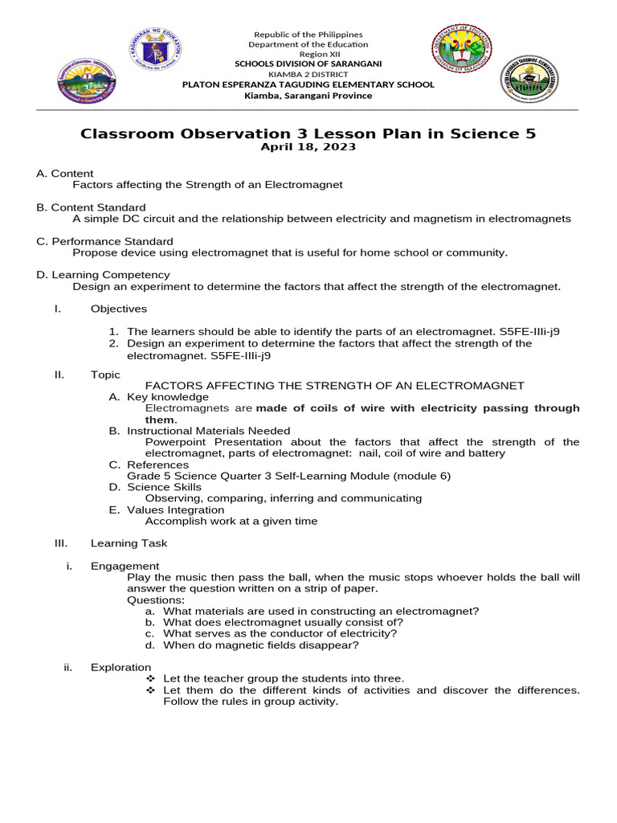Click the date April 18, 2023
coord(308,147)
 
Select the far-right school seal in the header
coord(529,80)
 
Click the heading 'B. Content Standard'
coord(91,207)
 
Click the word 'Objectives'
coord(119,309)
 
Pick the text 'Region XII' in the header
coord(308,54)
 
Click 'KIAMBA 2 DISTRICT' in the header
coord(308,74)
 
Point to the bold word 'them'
coord(159,420)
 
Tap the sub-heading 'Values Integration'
coord(175,510)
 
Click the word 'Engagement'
coord(125,566)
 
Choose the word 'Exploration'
coord(121,667)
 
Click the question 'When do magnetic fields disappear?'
coord(261,645)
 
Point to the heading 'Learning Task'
coord(129,543)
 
